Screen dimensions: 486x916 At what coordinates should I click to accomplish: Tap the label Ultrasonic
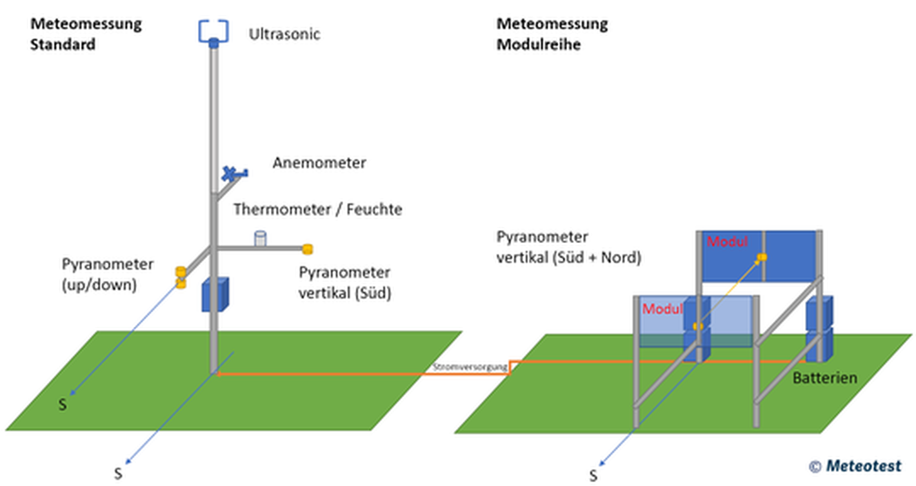tap(284, 34)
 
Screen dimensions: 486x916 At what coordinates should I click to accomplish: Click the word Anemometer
tap(319, 163)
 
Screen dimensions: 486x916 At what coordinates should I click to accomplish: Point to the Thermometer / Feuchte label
tap(317, 209)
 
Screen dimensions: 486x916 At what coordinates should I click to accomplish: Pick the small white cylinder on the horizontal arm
tap(260, 238)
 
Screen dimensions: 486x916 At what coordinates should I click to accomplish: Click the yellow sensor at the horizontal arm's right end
tap(308, 248)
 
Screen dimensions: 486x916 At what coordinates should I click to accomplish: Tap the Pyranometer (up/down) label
tap(108, 274)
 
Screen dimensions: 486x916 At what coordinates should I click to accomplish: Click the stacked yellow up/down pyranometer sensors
tap(181, 277)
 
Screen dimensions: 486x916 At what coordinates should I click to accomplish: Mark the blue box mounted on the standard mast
tap(215, 295)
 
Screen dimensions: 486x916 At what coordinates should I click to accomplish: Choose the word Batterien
tap(824, 378)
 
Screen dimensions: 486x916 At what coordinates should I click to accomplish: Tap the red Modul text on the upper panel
tap(727, 242)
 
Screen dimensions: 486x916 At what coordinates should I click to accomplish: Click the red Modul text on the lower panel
tap(662, 309)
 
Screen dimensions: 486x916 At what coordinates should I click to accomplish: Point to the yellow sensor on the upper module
tap(762, 257)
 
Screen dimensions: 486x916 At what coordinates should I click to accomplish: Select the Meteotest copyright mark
tap(855, 466)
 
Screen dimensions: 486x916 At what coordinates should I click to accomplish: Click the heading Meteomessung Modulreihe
tap(552, 34)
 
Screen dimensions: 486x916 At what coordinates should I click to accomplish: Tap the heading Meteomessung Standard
tap(86, 34)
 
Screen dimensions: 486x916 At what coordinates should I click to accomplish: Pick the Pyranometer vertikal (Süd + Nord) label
tap(568, 247)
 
